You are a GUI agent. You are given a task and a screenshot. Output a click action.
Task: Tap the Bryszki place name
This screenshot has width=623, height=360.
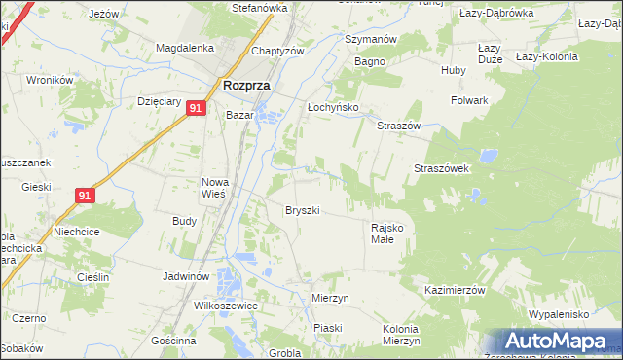pyautogui.click(x=303, y=210)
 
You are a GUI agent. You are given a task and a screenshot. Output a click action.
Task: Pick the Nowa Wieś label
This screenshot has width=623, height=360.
pyautogui.click(x=214, y=187)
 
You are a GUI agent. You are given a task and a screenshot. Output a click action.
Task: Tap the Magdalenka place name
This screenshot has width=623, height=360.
pyautogui.click(x=185, y=48)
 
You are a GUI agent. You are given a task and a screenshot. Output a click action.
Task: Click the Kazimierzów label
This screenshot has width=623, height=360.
pyautogui.click(x=455, y=291)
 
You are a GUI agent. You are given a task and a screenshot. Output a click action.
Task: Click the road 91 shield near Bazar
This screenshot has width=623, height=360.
pyautogui.click(x=196, y=109)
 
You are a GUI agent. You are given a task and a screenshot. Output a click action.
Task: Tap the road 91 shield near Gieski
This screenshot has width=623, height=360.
pyautogui.click(x=85, y=196)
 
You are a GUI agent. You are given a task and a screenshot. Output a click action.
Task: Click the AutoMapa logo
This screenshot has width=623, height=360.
pyautogui.click(x=555, y=342)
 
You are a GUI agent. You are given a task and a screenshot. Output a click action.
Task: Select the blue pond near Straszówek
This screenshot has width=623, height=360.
pyautogui.click(x=486, y=155)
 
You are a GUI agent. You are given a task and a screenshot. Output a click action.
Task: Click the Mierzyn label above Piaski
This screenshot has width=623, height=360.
pyautogui.click(x=330, y=298)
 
